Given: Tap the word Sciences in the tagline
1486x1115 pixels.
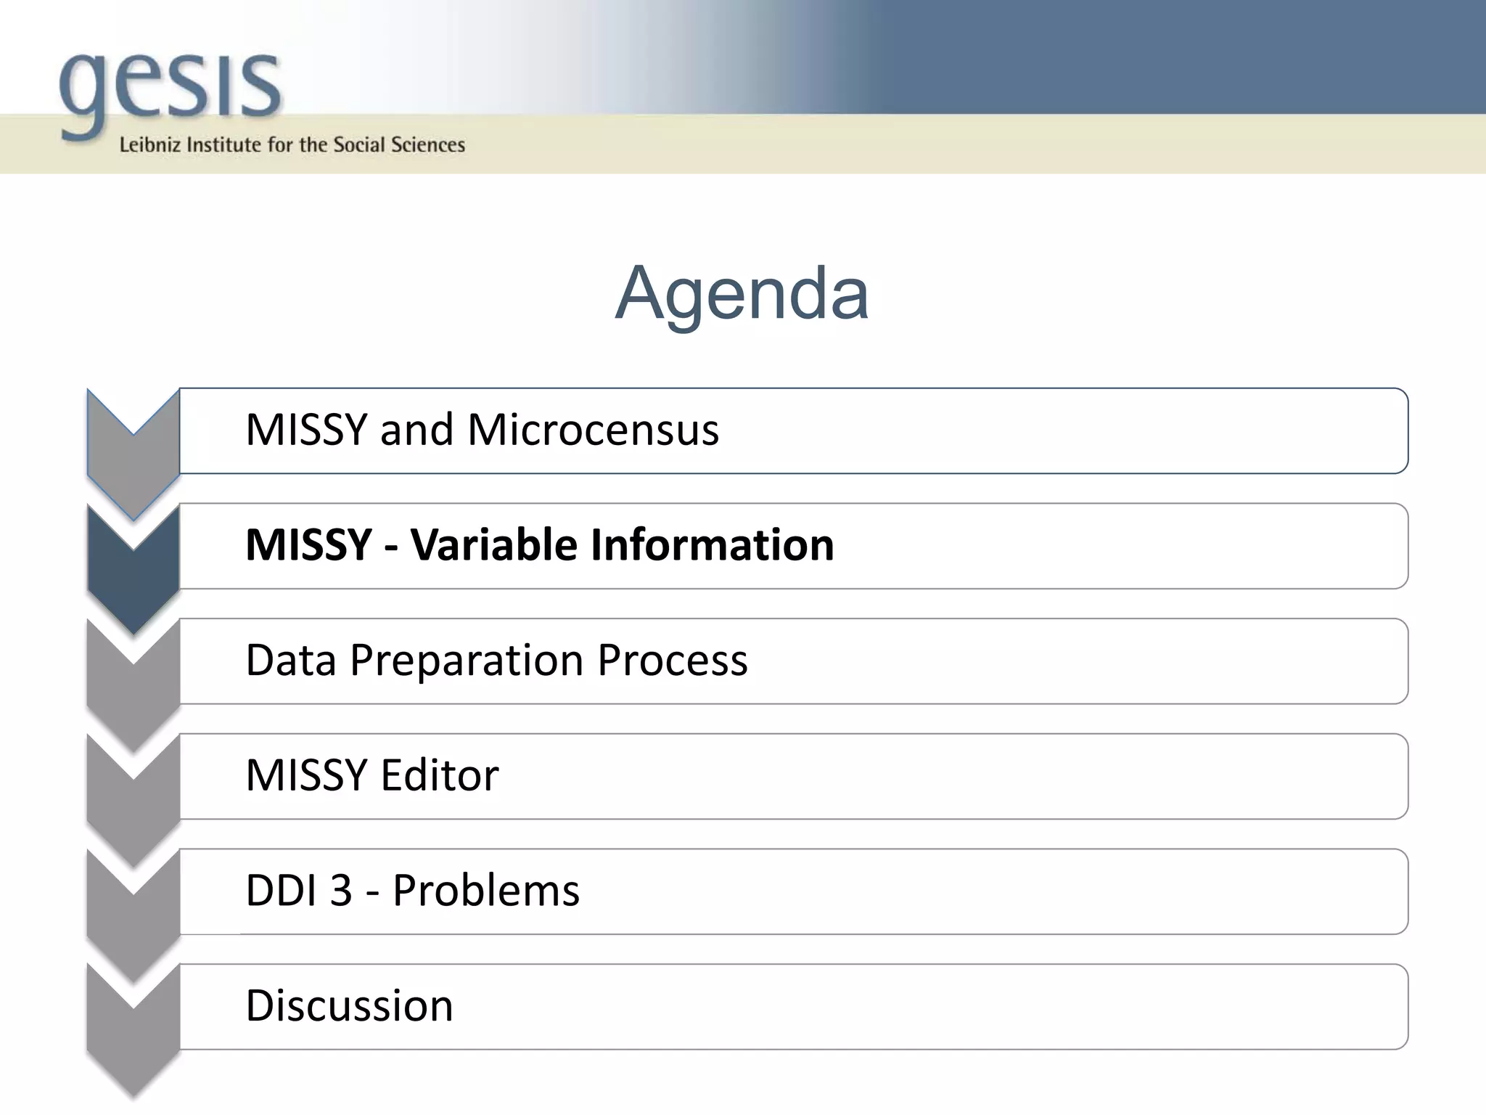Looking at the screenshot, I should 427,145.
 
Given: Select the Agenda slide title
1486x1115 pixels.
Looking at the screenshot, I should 742,293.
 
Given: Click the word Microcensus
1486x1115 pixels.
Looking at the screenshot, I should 593,430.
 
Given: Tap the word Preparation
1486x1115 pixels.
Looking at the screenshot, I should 467,661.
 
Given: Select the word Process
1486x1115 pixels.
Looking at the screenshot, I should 673,661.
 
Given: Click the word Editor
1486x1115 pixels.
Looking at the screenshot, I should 440,775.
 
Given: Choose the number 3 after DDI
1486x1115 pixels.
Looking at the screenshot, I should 341,891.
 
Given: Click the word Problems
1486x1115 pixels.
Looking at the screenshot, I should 486,891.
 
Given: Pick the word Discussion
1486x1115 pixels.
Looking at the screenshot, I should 349,1006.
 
